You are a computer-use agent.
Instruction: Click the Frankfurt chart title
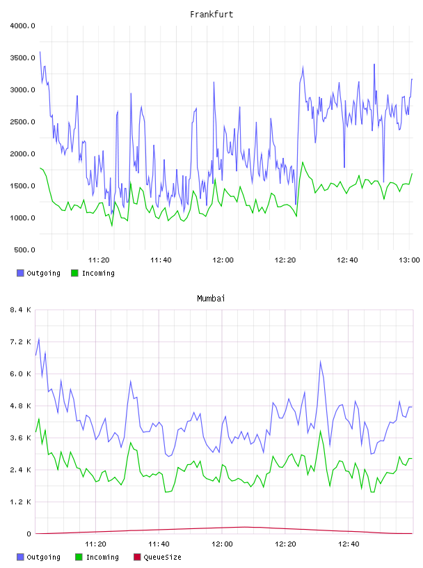[x=211, y=15]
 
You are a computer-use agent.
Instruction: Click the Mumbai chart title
[x=211, y=299]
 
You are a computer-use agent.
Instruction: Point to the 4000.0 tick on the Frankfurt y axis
[x=22, y=26]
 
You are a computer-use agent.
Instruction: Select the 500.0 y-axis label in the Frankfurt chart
[x=24, y=250]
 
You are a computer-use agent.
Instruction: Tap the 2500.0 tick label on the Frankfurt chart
[x=22, y=122]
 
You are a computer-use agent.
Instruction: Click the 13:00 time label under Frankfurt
[x=409, y=260]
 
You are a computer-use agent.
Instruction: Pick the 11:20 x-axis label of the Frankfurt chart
[x=99, y=260]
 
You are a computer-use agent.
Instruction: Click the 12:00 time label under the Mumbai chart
[x=223, y=544]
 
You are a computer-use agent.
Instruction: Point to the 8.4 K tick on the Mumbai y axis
[x=20, y=310]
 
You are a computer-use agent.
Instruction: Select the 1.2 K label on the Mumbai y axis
[x=20, y=502]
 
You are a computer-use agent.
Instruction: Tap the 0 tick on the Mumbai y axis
[x=29, y=534]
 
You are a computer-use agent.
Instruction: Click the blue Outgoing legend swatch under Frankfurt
[x=20, y=273]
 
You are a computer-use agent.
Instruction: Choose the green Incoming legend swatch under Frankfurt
[x=74, y=273]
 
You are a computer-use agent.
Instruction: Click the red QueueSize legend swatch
[x=137, y=557]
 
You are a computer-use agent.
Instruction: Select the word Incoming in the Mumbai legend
[x=102, y=557]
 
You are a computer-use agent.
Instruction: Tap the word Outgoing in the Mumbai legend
[x=43, y=557]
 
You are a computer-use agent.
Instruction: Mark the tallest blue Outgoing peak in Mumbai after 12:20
[x=320, y=361]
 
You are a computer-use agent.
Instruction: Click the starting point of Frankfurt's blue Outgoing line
[x=40, y=52]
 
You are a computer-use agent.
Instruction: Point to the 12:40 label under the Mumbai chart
[x=349, y=544]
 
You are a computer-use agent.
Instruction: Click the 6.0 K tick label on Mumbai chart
[x=20, y=374]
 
